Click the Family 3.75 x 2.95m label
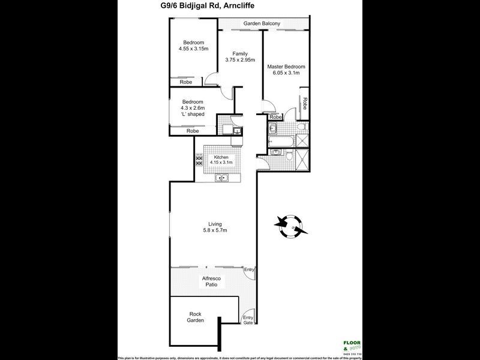(240, 57)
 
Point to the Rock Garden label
(196, 317)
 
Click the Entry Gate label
(247, 320)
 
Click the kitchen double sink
(221, 177)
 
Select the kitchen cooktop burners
(199, 161)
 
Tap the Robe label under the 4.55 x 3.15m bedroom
(186, 82)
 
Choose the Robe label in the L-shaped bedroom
(193, 131)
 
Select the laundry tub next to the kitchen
(237, 131)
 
